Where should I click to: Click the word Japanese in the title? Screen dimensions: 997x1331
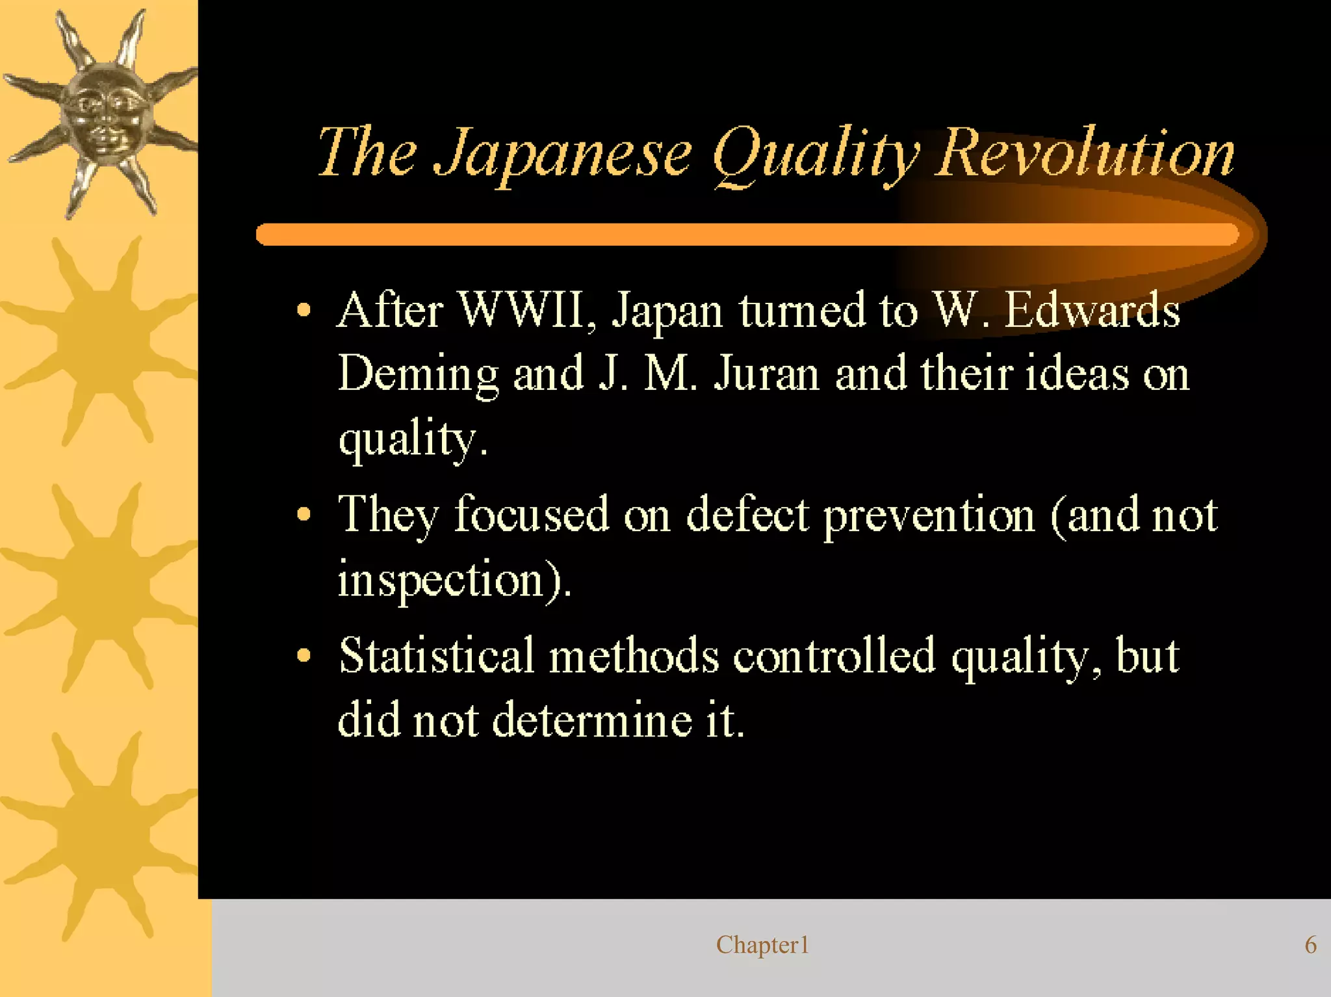(563, 154)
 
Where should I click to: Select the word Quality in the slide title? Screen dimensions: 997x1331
(816, 156)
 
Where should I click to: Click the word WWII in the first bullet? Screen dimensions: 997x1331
(528, 310)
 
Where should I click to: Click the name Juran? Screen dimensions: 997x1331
(767, 375)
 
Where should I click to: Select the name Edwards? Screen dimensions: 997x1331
(1092, 310)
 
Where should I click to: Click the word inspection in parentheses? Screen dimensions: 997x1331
(441, 580)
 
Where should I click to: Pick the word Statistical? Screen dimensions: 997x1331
(436, 656)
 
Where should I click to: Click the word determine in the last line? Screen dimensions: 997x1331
(592, 721)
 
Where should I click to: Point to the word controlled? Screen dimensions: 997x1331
(834, 656)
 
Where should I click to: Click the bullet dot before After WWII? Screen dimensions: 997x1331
(304, 310)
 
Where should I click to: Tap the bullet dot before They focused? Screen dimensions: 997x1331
(304, 515)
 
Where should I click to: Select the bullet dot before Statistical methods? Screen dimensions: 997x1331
(304, 656)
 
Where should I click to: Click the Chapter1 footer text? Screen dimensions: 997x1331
(762, 945)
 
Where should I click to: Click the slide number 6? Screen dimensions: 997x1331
(1310, 945)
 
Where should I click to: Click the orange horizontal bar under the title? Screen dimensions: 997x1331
(747, 235)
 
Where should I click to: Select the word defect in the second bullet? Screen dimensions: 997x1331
(747, 515)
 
